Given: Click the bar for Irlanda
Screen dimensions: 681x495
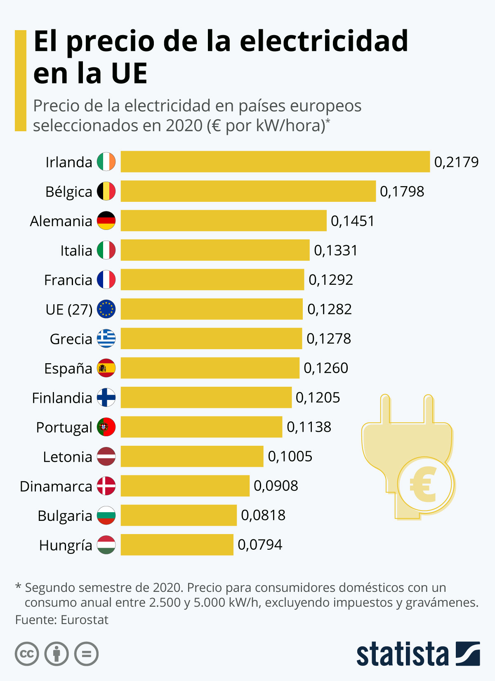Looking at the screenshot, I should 275,161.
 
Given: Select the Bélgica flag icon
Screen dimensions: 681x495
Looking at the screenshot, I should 106,191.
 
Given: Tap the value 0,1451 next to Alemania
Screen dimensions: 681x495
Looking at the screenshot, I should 352,221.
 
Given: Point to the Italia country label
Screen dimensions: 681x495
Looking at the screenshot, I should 76,251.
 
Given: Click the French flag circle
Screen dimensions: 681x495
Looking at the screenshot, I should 106,279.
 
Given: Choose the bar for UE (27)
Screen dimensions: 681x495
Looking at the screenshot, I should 212,309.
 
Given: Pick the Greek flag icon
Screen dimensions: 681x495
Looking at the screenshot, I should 106,338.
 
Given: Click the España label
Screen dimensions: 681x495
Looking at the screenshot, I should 68,368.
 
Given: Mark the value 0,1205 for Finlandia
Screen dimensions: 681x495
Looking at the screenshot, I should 318,397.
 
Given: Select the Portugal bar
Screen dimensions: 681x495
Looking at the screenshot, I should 201,427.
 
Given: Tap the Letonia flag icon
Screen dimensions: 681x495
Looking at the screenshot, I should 106,456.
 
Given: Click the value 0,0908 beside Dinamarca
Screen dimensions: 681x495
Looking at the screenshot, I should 276,486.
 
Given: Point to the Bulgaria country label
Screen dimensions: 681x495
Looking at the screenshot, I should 65,516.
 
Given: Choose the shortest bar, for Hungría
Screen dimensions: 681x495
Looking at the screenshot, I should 177,545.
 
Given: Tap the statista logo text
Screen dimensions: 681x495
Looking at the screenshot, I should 402,654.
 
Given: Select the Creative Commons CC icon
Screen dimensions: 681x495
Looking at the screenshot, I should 27,654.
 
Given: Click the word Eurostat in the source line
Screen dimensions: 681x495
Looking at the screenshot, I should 85,620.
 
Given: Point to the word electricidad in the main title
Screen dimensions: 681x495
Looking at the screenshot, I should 324,41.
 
